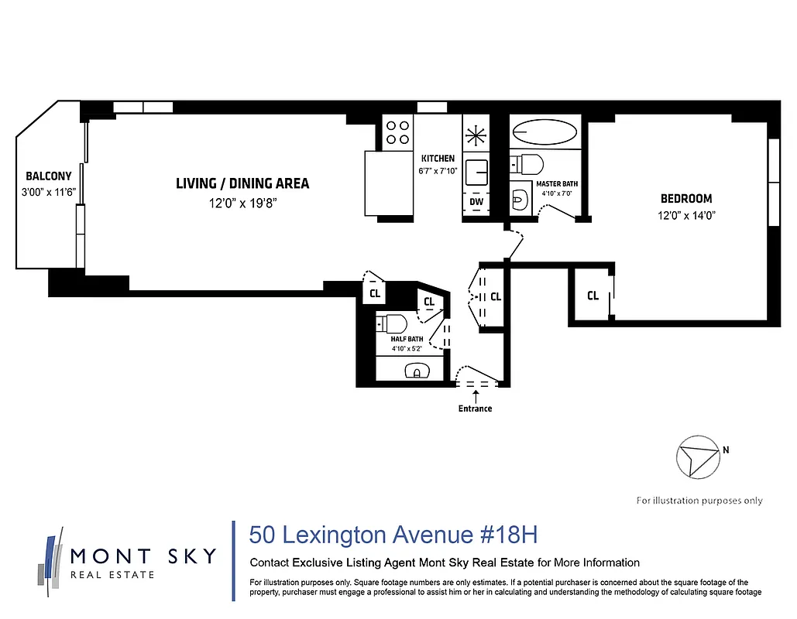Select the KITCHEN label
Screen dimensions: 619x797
[x=438, y=159]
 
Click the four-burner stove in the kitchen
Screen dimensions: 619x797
[x=398, y=132]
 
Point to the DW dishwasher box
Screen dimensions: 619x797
[x=476, y=203]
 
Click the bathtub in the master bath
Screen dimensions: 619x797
[x=545, y=132]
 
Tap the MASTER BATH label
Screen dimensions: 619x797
[x=557, y=184]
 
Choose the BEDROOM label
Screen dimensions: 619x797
[x=686, y=199]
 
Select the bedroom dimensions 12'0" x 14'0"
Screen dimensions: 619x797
[x=686, y=217]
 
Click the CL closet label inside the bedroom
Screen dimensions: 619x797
[x=593, y=296]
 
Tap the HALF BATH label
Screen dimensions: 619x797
[x=407, y=339]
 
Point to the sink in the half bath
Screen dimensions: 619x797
[x=416, y=371]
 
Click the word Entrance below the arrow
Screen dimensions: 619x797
[x=475, y=409]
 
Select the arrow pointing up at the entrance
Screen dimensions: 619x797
[x=475, y=395]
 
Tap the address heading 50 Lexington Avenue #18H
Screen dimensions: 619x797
[x=393, y=535]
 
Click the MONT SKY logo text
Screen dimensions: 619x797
[x=143, y=556]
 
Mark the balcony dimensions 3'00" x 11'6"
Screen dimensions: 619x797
[x=48, y=192]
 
